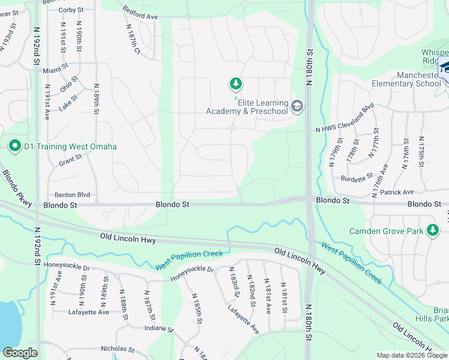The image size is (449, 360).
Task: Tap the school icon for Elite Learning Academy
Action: [x=297, y=107]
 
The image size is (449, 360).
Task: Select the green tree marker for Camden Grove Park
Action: [x=432, y=230]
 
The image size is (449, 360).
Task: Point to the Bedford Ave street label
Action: [x=139, y=13]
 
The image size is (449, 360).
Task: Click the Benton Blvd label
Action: [x=72, y=195]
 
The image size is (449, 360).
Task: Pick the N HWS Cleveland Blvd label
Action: [x=345, y=122]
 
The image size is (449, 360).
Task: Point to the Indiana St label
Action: [x=158, y=329]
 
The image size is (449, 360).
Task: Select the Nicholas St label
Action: [x=118, y=349]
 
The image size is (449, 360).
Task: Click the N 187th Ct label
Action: [x=133, y=41]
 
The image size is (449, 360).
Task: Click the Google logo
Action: [x=20, y=353]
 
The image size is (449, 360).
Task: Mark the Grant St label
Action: [x=70, y=162]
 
